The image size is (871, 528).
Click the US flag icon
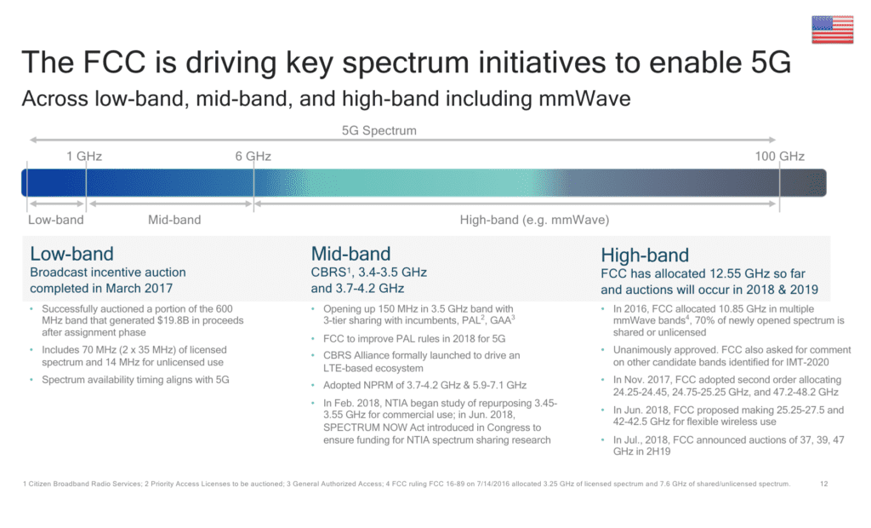832,30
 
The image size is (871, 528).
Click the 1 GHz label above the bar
84,156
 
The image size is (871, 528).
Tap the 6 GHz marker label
253,156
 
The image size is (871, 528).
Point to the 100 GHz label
779,156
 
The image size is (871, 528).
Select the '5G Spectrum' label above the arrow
379,130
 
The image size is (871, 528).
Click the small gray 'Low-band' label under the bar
55,220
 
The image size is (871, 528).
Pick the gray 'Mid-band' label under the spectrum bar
174,220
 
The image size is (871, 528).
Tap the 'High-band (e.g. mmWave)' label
534,220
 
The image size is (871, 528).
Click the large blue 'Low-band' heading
71,254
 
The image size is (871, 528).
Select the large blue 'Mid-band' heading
350,254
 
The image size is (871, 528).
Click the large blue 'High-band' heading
645,255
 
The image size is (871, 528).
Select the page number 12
823,484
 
